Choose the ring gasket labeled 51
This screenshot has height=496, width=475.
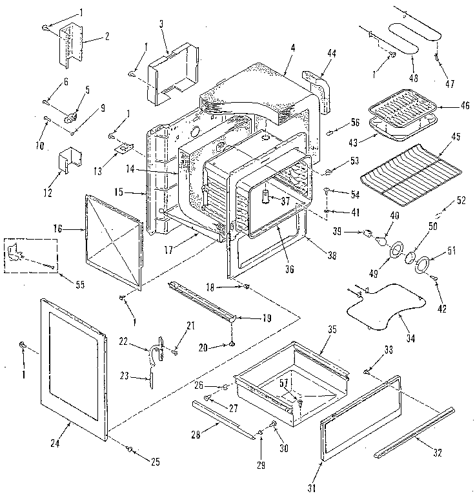(x=425, y=265)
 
